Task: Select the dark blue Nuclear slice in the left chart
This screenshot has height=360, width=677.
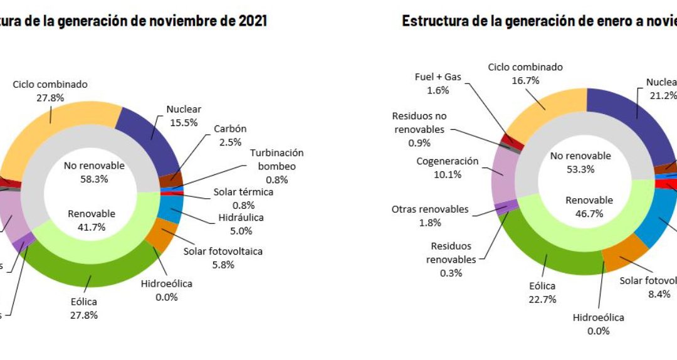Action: coord(150,135)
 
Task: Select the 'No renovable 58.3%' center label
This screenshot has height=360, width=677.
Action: coord(94,172)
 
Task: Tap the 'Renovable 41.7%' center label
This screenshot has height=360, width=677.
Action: coord(92,220)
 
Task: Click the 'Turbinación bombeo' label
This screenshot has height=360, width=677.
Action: coord(276,159)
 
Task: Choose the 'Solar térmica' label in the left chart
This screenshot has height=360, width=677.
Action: coord(243,192)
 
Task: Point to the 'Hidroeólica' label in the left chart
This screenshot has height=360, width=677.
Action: coord(166,283)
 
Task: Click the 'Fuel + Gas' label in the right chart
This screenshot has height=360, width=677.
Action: coord(438,77)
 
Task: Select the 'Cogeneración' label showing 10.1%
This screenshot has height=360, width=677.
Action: coord(448,161)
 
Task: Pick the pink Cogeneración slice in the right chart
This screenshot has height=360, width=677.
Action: coord(503,176)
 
